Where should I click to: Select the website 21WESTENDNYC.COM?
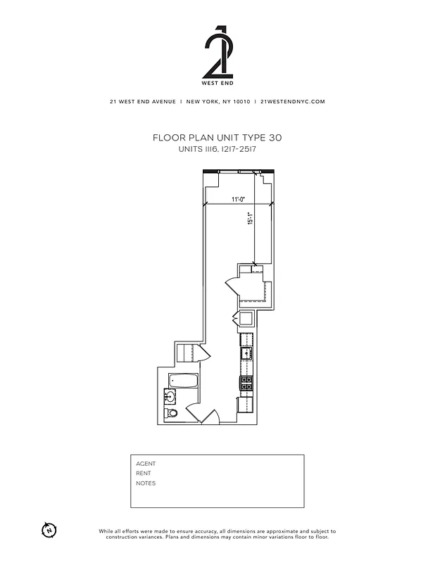coord(292,101)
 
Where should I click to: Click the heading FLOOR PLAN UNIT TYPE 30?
coord(217,138)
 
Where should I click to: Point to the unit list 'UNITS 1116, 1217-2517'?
coord(217,150)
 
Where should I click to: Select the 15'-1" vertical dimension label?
coord(250,218)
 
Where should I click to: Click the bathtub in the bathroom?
coord(183,381)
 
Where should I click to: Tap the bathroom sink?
coord(172,397)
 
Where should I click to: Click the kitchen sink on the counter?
coord(247,353)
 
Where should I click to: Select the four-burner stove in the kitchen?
coord(246,384)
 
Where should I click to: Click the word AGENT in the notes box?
coord(146,464)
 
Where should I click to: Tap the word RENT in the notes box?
coord(144,473)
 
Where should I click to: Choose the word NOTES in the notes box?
coord(146,483)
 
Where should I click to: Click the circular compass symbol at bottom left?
coord(49,529)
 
